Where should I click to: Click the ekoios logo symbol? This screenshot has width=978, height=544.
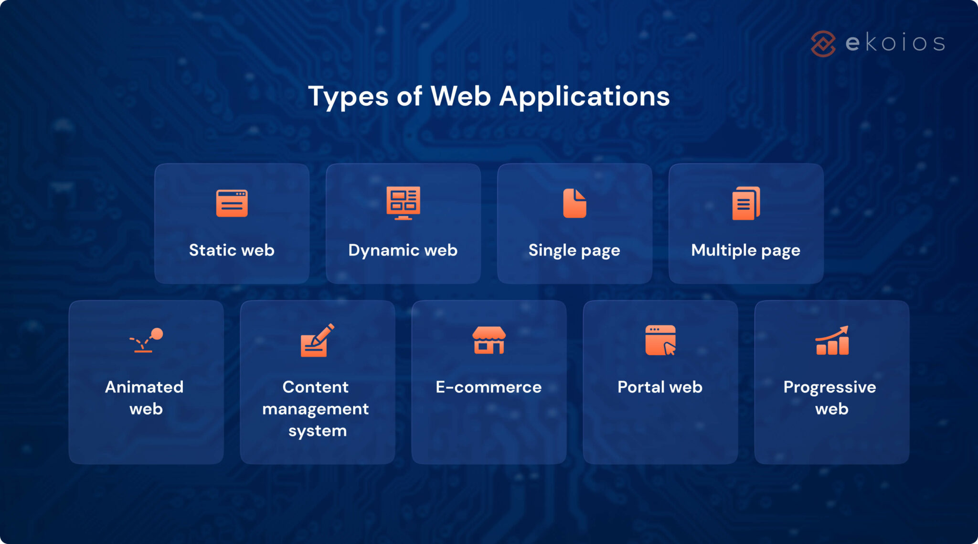pos(823,44)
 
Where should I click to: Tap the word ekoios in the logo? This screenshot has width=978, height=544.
pos(895,43)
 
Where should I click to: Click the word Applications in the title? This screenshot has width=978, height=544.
pos(585,97)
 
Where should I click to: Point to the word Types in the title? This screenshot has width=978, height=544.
pos(348,97)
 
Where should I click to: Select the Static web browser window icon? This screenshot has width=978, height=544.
pos(232,203)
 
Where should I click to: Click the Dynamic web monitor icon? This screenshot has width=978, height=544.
pos(403,203)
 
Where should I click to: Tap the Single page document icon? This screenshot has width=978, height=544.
pos(574,203)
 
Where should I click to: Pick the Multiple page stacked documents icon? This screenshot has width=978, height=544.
pos(746,203)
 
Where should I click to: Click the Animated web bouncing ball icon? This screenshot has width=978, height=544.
pos(146,340)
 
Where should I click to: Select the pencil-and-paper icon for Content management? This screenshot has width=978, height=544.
pos(317,340)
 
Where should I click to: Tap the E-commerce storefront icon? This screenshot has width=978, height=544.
pos(489,340)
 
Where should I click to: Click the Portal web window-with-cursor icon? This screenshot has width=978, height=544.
pos(660,340)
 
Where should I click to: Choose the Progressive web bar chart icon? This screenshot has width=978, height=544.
pos(832,340)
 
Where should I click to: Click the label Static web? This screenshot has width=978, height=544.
pos(232,250)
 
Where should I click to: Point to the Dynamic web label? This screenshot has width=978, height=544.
pos(403,250)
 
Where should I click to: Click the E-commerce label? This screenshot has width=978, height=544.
pos(489,387)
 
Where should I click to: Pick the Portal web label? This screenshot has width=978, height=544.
pos(660,387)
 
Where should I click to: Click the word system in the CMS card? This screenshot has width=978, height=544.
pos(318,431)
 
